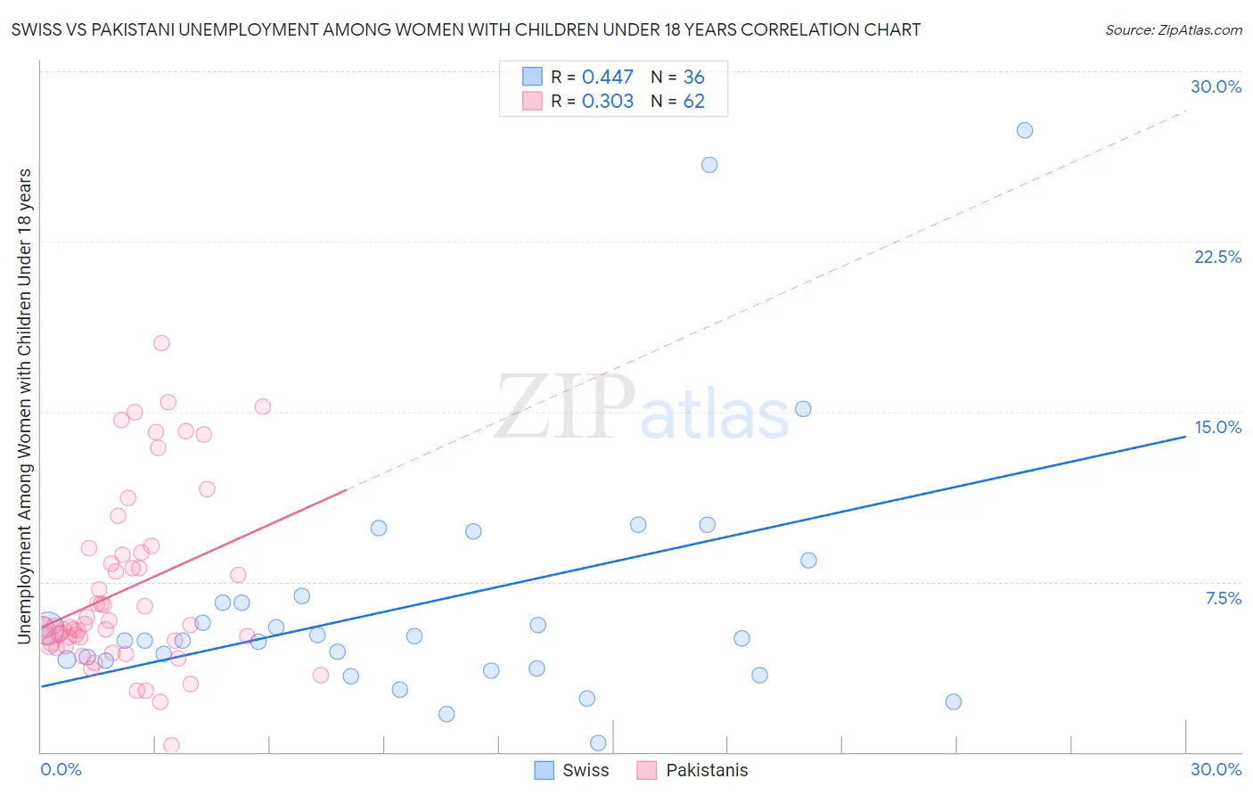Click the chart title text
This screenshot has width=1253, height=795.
[x=466, y=30]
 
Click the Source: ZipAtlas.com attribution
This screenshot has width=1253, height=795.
[x=1173, y=30]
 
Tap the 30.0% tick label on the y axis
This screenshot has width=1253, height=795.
[x=1216, y=86]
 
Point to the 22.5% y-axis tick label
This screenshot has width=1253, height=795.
[x=1217, y=257]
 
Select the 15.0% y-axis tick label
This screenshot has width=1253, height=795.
[x=1217, y=427]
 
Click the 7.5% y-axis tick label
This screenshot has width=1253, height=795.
[x=1223, y=598]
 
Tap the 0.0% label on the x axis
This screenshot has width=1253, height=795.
[x=61, y=769]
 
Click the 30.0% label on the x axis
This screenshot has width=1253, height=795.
[x=1216, y=769]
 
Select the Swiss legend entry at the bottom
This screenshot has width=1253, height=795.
[x=571, y=770]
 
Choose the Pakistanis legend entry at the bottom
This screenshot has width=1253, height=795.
[x=693, y=770]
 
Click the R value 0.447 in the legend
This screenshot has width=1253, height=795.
[x=607, y=78]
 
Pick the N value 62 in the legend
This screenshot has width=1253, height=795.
[x=693, y=102]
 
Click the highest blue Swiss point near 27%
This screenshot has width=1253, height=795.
[x=1025, y=130]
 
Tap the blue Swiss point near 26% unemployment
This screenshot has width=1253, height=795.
[x=709, y=165]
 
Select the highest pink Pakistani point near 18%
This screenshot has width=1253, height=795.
[x=161, y=343]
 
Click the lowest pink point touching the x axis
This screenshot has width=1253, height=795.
[x=172, y=745]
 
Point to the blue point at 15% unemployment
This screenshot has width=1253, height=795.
[x=803, y=409]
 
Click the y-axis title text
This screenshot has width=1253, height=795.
[x=25, y=406]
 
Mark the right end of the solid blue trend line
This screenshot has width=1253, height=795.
[x=1185, y=437]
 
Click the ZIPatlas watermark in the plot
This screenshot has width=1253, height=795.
[x=642, y=408]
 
